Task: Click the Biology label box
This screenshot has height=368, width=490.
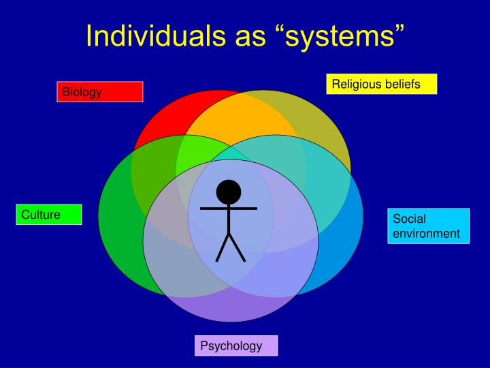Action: [x=99, y=92]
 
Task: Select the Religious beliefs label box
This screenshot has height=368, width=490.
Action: [x=381, y=84]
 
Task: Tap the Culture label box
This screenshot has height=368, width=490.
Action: [x=50, y=215]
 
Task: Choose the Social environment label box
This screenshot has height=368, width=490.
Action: [x=429, y=226]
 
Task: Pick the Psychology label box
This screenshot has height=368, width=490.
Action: [x=236, y=346]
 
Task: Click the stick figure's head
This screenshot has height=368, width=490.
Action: [x=229, y=191]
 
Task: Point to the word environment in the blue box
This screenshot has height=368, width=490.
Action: [x=426, y=234]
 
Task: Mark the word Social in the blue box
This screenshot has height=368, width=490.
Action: [x=409, y=219]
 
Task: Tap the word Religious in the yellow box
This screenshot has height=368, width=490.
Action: [x=355, y=84]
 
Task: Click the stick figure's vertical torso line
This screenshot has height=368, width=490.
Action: [x=229, y=219]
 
